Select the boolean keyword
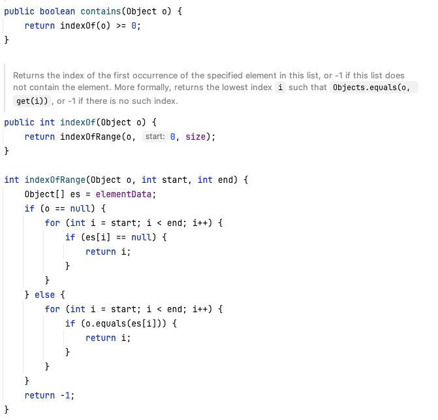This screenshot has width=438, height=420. [57, 11]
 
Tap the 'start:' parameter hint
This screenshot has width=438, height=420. [154, 137]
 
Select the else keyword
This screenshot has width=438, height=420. [44, 295]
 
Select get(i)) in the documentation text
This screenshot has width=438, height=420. [33, 101]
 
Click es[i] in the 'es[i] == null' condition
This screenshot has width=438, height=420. [95, 237]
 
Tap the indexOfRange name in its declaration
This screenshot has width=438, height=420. [55, 180]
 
